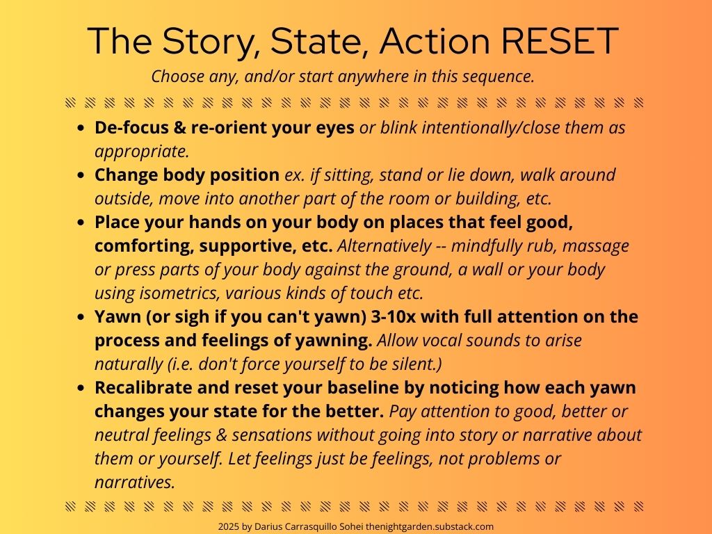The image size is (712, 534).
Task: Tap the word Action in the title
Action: click(x=435, y=41)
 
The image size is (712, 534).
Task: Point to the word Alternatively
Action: click(x=384, y=245)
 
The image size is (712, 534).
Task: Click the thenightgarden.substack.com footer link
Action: click(x=430, y=527)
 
